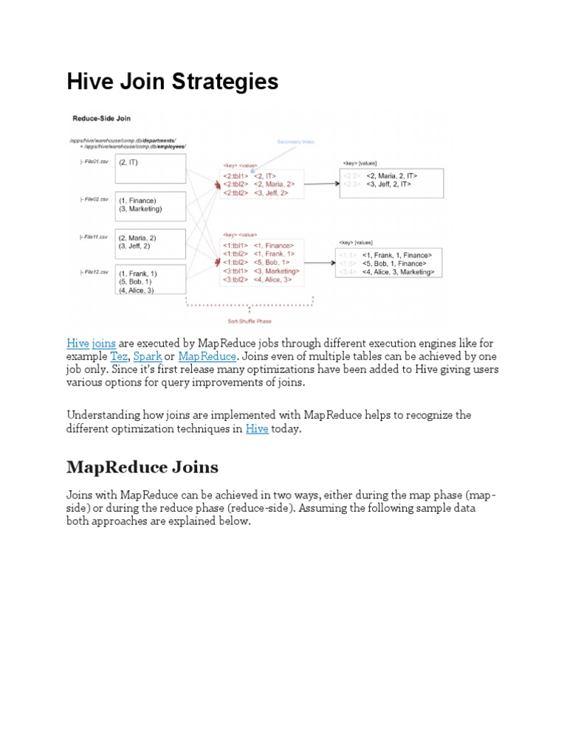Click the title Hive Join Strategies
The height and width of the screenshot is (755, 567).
tap(173, 81)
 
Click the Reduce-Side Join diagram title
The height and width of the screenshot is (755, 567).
tap(101, 118)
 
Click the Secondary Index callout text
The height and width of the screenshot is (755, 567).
tap(295, 142)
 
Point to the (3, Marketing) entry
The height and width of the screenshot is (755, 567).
tap(140, 209)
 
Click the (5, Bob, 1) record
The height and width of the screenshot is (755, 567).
tap(135, 282)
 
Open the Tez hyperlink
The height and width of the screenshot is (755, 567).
tap(118, 356)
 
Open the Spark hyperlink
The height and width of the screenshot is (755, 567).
tap(148, 356)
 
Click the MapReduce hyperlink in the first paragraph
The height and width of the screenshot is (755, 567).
tap(207, 356)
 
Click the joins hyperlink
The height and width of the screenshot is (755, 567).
tap(104, 344)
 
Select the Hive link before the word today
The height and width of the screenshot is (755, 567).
tap(257, 428)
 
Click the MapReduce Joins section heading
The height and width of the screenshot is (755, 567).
tap(142, 467)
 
